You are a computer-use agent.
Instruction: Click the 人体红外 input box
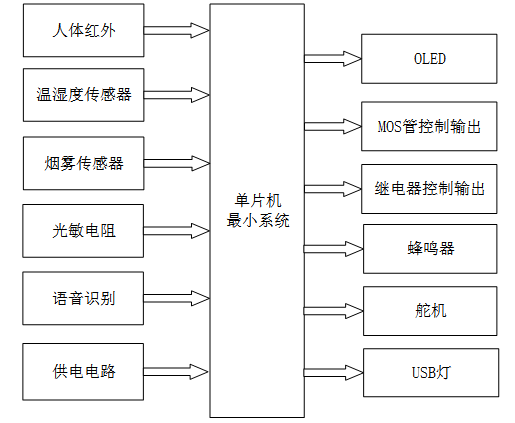tap(84, 31)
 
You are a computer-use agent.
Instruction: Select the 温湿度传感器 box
tap(84, 95)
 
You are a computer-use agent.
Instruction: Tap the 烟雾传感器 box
tap(84, 163)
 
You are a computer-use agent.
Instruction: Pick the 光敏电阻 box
tap(84, 231)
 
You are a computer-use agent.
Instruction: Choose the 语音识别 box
tap(84, 298)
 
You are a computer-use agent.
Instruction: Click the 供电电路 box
tap(84, 371)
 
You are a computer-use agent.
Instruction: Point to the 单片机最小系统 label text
tap(257, 211)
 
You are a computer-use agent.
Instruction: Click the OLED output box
tap(429, 59)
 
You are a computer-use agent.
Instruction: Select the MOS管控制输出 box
tap(429, 127)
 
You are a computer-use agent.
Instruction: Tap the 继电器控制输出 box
tap(429, 188)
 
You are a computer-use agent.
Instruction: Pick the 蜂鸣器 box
tap(429, 248)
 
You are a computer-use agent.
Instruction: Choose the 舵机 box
tap(429, 310)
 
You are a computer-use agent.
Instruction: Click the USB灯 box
tap(429, 373)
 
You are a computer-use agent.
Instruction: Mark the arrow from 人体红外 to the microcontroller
tap(178, 31)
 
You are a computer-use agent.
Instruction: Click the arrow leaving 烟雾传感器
tap(178, 163)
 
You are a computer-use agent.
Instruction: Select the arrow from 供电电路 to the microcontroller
tap(178, 371)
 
